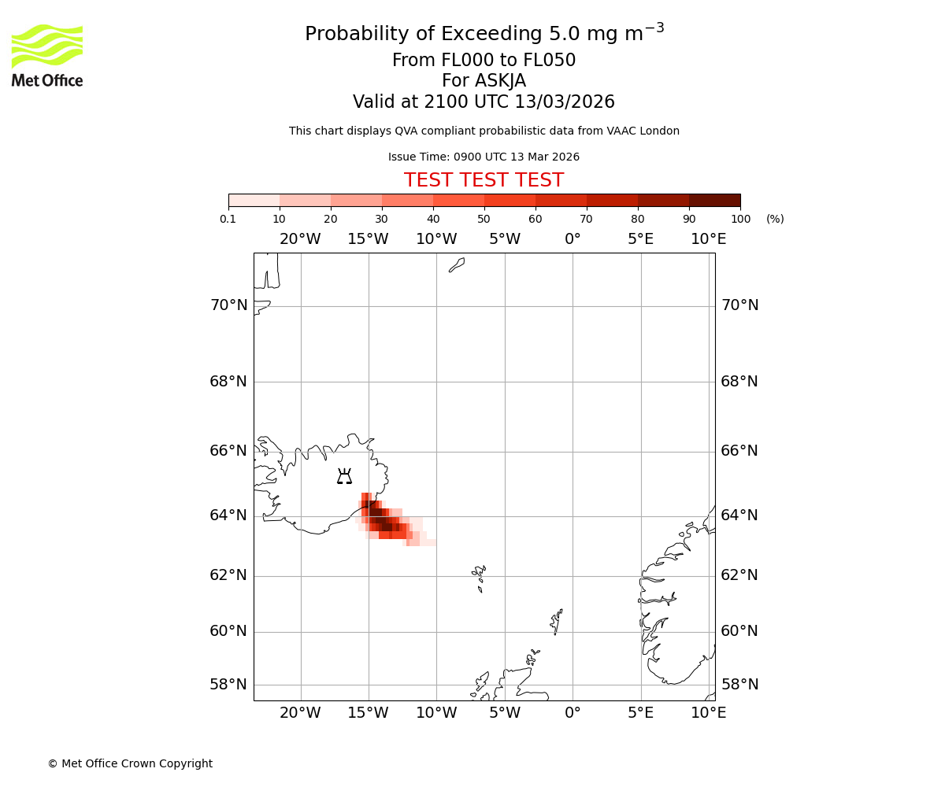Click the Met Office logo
tap(47, 55)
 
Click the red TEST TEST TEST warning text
tap(484, 181)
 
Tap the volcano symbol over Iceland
tap(344, 476)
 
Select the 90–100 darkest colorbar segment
tap(714, 200)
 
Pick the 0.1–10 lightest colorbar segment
tap(254, 200)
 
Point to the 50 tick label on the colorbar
tap(484, 219)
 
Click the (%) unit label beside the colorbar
tap(775, 219)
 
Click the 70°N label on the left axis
tap(228, 305)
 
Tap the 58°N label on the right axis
tap(739, 685)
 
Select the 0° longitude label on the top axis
tap(573, 239)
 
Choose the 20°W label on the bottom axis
tap(300, 713)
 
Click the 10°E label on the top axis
tap(708, 239)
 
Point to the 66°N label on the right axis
tap(739, 451)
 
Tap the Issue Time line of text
tap(484, 157)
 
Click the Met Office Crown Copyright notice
tap(130, 763)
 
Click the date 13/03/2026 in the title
tap(565, 102)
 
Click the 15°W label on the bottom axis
tap(368, 713)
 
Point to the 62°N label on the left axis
tap(228, 575)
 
